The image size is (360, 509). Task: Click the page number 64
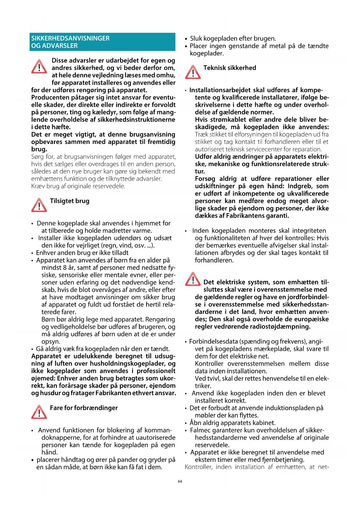click(x=180, y=481)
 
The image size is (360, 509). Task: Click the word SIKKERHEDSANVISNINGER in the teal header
click(x=70, y=38)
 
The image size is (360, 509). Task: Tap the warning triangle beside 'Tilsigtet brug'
click(x=39, y=205)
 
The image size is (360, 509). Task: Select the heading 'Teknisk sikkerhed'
click(x=230, y=68)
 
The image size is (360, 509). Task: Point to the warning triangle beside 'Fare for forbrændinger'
click(x=39, y=412)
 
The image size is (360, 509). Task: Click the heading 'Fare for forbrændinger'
click(x=84, y=408)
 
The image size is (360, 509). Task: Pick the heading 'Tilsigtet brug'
click(x=70, y=201)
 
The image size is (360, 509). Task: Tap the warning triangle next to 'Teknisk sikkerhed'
click(x=193, y=72)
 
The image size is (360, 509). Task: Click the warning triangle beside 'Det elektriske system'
click(x=193, y=279)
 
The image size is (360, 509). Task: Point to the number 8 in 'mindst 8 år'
click(x=65, y=268)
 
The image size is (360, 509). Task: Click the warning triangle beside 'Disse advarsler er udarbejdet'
click(x=39, y=67)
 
